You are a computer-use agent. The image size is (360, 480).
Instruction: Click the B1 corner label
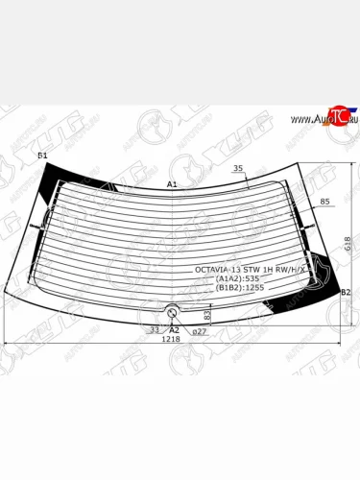42,155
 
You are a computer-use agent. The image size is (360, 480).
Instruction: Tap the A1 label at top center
173,183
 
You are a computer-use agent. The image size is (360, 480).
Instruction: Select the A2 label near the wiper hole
174,329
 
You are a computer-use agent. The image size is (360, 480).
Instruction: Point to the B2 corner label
347,291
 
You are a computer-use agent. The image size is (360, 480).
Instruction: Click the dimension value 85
324,202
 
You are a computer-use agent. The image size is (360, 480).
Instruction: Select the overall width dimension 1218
169,339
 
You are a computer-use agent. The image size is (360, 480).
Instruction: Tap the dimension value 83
207,314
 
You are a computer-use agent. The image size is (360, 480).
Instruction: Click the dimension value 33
156,329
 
